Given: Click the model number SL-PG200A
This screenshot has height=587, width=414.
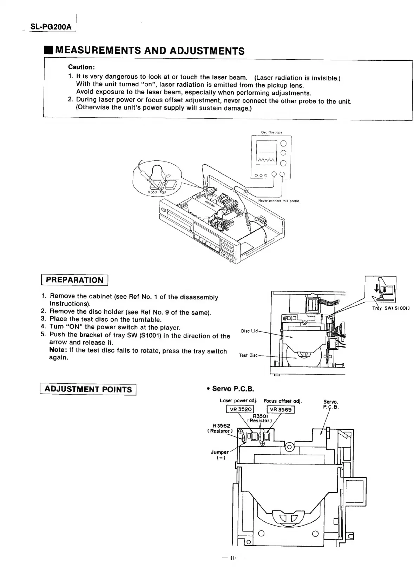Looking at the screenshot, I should [x=50, y=27].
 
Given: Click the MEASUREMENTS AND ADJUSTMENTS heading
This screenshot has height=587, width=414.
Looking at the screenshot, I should [x=150, y=51].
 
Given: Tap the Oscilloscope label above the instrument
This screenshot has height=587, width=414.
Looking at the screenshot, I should [x=271, y=132].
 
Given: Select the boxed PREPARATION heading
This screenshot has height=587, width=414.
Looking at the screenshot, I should [x=75, y=280].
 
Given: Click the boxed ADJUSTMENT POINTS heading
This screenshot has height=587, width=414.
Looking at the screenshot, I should [x=88, y=389].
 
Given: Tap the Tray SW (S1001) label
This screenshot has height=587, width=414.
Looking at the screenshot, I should [x=391, y=309].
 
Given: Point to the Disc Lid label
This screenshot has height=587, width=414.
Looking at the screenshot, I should [x=250, y=331].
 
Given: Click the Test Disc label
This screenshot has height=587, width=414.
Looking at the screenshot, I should [x=248, y=355].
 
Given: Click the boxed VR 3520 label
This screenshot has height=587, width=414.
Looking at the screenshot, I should [x=241, y=409].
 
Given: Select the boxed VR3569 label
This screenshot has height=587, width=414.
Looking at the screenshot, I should [x=281, y=409].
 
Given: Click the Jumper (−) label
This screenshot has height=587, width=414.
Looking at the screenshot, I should [x=219, y=455].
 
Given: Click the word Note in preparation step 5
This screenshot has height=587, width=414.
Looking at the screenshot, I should [x=58, y=351].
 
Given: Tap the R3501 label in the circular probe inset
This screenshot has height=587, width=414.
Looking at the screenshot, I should [x=153, y=192].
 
